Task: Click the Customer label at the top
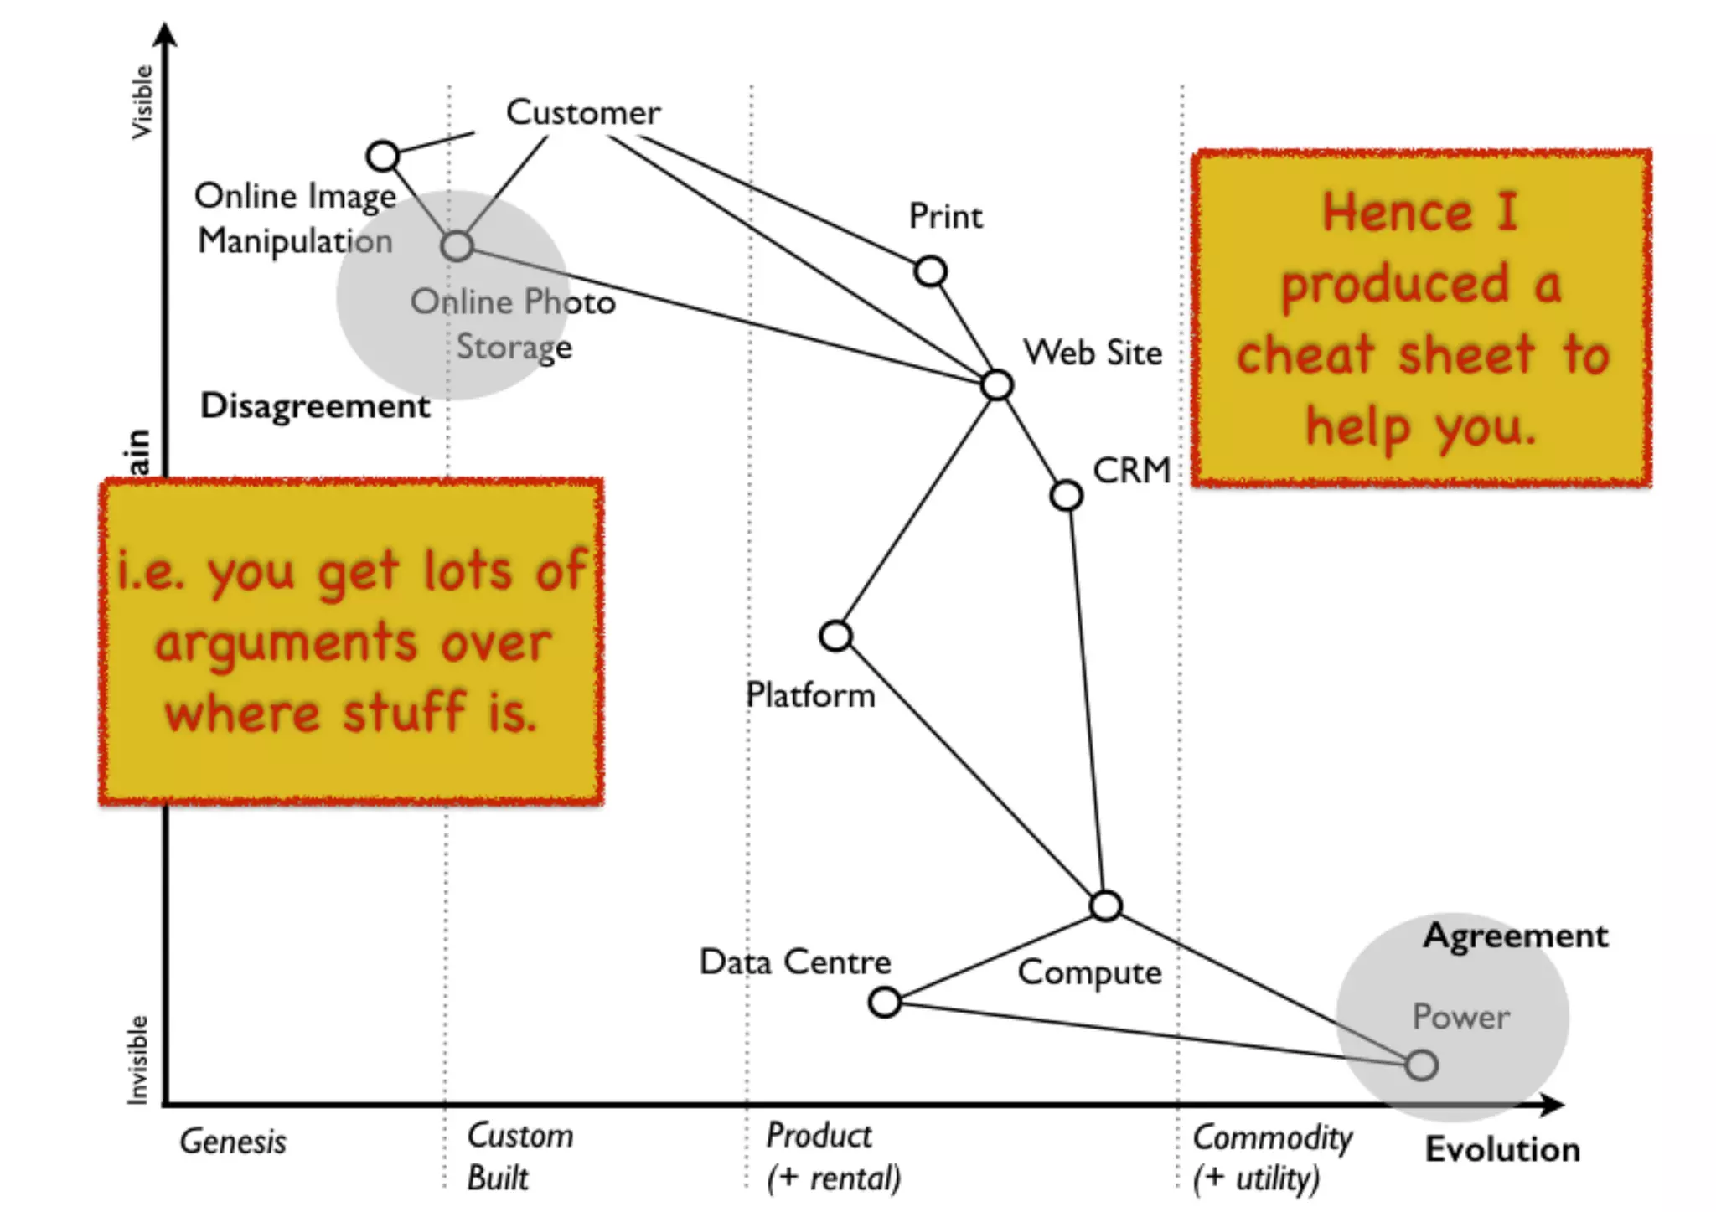[x=583, y=113]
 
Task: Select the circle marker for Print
[x=930, y=271]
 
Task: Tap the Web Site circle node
[x=996, y=385]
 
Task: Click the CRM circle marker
[x=1066, y=495]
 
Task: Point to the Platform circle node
[x=835, y=637]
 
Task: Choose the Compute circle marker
[x=1105, y=905]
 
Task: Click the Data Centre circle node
[x=885, y=1002]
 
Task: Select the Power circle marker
[x=1421, y=1065]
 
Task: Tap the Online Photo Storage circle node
[x=457, y=246]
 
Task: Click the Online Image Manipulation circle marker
[x=383, y=156]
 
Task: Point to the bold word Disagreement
[x=315, y=406]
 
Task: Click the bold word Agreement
[x=1515, y=936]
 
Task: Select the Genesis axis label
[x=233, y=1142]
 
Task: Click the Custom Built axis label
[x=519, y=1157]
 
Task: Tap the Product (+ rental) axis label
[x=833, y=1157]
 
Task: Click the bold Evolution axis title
[x=1502, y=1149]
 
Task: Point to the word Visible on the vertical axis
[x=142, y=102]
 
